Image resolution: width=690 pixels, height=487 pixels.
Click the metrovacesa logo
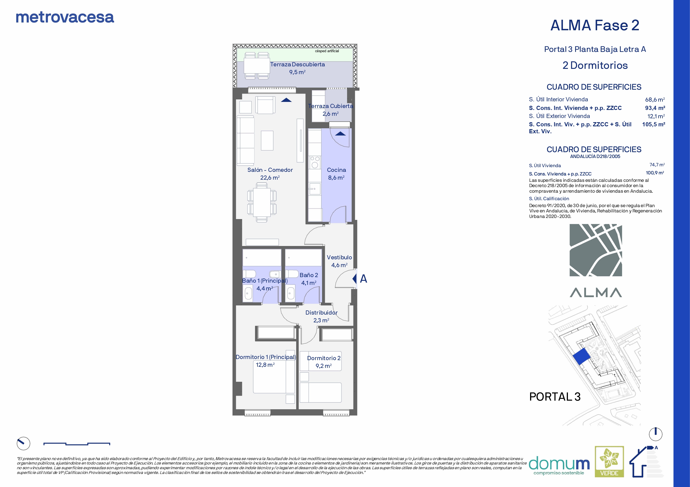coord(65,17)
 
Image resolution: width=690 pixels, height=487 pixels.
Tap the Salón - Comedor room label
coord(270,170)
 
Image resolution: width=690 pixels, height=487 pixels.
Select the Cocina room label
coord(336,170)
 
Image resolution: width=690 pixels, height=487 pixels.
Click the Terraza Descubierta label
coord(297,64)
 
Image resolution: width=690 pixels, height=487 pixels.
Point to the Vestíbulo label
coord(339,257)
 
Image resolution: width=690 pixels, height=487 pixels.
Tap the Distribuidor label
coord(321,313)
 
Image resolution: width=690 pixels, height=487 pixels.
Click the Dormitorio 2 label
coord(324,358)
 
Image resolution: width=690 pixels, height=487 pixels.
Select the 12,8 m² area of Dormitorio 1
coord(265,365)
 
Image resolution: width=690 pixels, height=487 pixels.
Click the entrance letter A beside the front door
coord(363,279)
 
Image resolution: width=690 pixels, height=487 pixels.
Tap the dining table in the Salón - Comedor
coord(261,202)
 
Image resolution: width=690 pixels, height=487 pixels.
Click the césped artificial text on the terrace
coord(327,51)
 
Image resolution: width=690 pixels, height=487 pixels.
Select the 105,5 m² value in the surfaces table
coord(654,124)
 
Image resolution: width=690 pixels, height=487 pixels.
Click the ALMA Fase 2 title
coord(595,25)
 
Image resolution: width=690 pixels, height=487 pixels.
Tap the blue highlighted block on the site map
coord(582,357)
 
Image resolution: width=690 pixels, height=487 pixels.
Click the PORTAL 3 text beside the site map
coord(555,397)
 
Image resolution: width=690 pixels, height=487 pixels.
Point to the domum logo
coord(559,465)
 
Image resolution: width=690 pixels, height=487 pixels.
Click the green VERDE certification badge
coord(609,461)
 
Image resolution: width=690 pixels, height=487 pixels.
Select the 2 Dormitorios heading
coord(595,66)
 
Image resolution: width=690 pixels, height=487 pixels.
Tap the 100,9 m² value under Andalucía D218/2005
coord(655,173)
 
